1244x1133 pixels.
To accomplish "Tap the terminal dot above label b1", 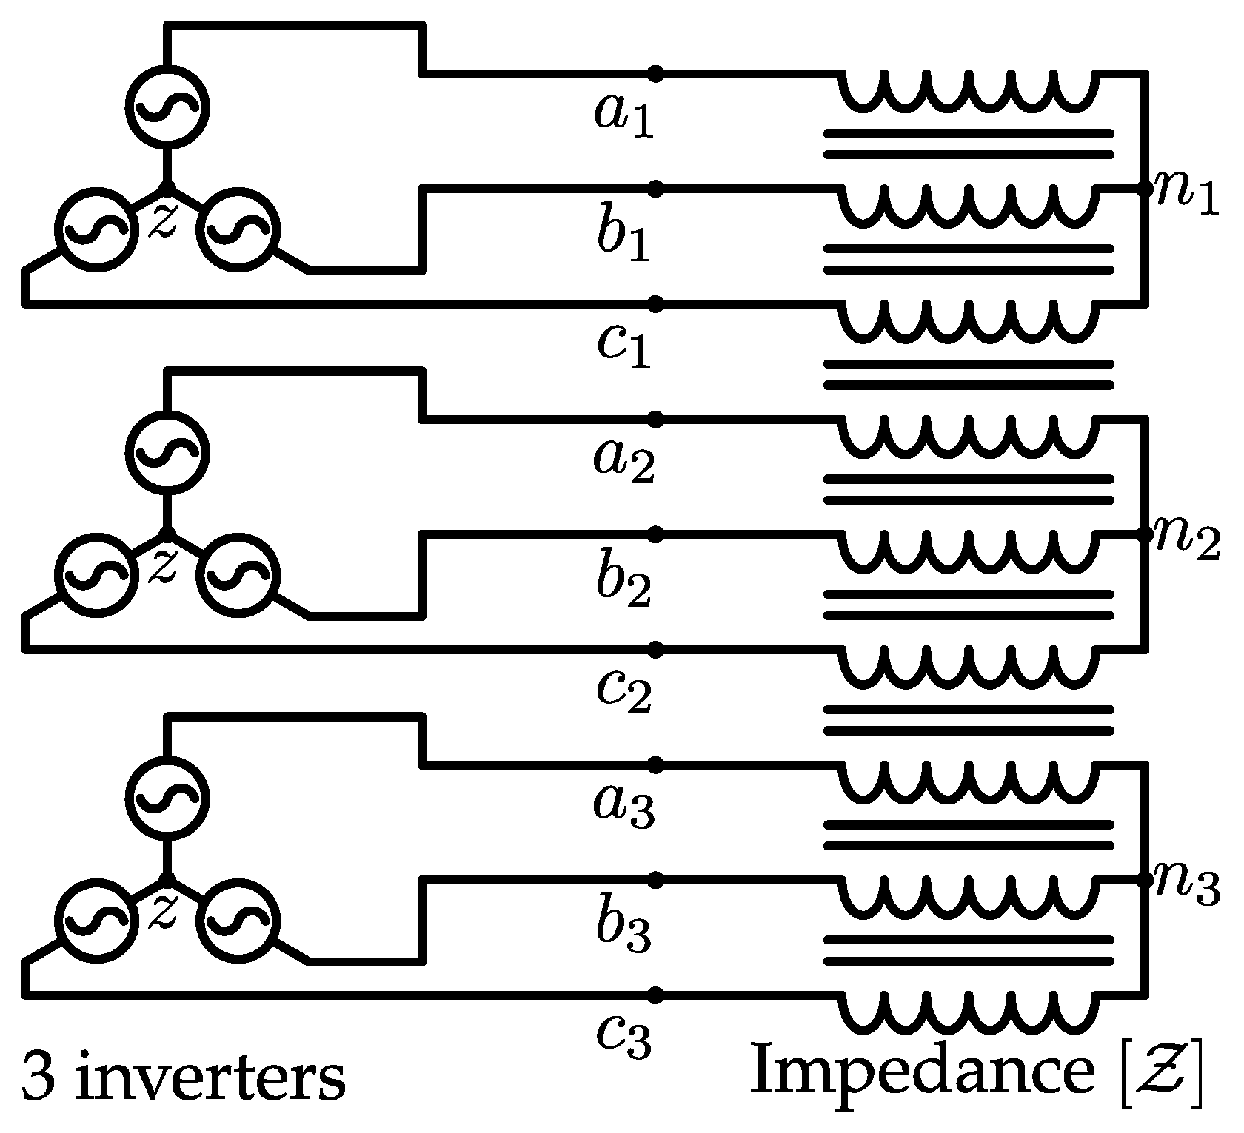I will [655, 189].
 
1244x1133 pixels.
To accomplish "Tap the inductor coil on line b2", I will [969, 551].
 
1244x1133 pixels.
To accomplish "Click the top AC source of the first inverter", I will [168, 106].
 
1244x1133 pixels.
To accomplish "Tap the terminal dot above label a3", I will [655, 764].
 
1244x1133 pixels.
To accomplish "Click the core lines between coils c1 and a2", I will [969, 374].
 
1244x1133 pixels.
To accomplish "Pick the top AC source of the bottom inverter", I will [168, 797].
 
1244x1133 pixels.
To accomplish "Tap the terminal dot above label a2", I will [655, 419].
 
